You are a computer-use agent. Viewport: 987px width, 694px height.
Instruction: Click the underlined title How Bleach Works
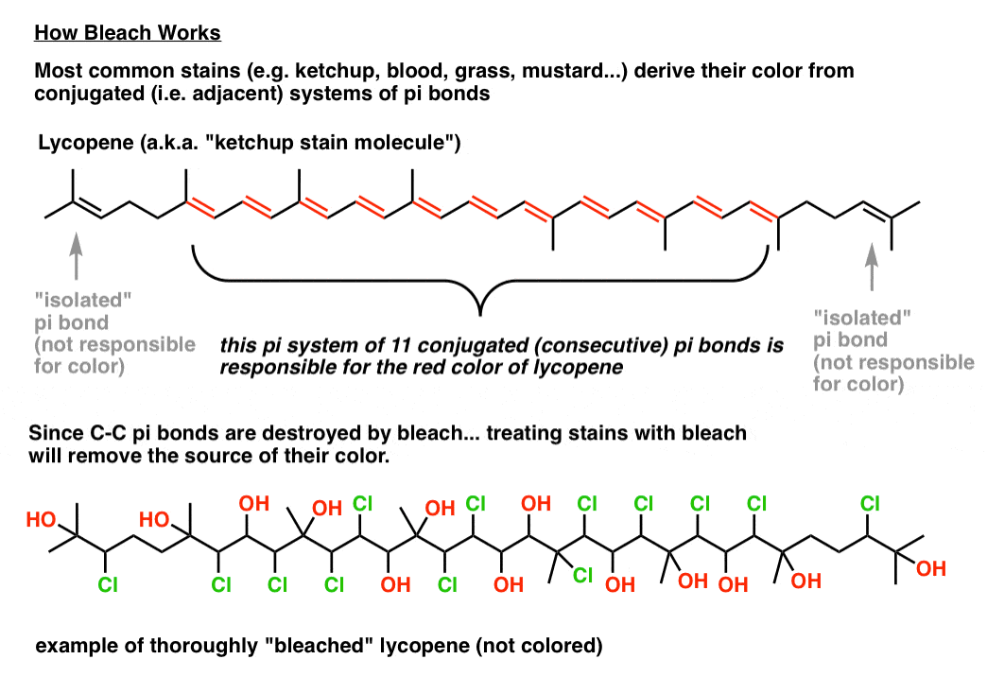click(x=127, y=33)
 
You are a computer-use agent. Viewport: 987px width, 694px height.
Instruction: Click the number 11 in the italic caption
click(x=400, y=345)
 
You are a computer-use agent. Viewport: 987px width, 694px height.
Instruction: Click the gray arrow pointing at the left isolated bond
click(x=77, y=255)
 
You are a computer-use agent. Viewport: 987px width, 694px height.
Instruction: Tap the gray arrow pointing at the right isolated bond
click(x=872, y=267)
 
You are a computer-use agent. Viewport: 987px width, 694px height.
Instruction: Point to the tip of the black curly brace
click(x=480, y=314)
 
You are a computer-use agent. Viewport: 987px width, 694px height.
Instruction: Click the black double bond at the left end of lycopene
click(x=88, y=208)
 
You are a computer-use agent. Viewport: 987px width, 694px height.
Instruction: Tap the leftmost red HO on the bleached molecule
click(x=41, y=520)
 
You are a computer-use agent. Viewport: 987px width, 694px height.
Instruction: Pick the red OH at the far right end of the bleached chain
click(x=931, y=568)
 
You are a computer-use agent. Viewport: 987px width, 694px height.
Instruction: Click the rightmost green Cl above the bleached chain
click(x=870, y=504)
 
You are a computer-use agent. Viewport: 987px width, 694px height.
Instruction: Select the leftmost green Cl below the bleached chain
click(x=108, y=585)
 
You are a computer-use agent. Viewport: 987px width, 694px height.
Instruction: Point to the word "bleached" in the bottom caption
click(x=320, y=646)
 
